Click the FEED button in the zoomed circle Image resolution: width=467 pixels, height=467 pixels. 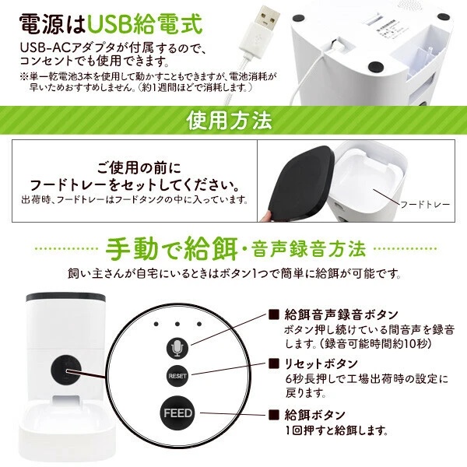177,413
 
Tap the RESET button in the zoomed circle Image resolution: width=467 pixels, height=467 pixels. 177,376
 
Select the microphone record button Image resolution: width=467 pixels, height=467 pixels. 177,348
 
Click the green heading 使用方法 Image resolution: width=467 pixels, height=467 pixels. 229,121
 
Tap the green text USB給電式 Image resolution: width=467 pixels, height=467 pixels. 145,24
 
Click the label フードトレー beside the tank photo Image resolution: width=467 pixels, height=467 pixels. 425,205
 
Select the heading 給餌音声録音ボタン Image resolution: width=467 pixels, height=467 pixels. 342,314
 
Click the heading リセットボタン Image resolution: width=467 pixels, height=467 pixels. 321,363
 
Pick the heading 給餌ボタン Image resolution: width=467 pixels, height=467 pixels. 315,415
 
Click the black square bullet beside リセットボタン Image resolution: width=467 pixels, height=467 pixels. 274,363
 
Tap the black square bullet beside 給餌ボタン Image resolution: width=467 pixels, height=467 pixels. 274,415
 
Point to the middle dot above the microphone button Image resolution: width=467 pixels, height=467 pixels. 177,324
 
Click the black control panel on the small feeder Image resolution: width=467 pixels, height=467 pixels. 66,370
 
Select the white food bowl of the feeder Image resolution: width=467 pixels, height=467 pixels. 67,429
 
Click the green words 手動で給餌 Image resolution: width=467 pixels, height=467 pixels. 172,249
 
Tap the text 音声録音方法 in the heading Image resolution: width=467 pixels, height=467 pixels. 308,250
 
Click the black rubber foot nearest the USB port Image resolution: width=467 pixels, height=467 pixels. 375,67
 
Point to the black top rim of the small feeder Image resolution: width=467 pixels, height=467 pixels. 65,297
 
